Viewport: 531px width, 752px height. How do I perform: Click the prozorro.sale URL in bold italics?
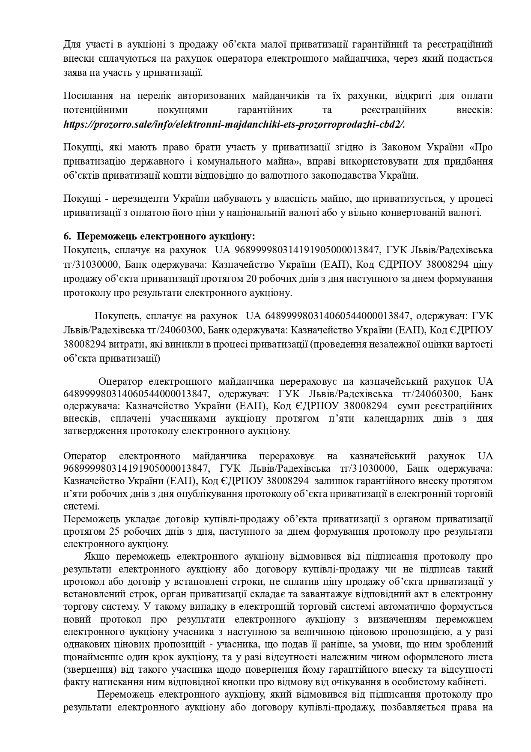(234, 125)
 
